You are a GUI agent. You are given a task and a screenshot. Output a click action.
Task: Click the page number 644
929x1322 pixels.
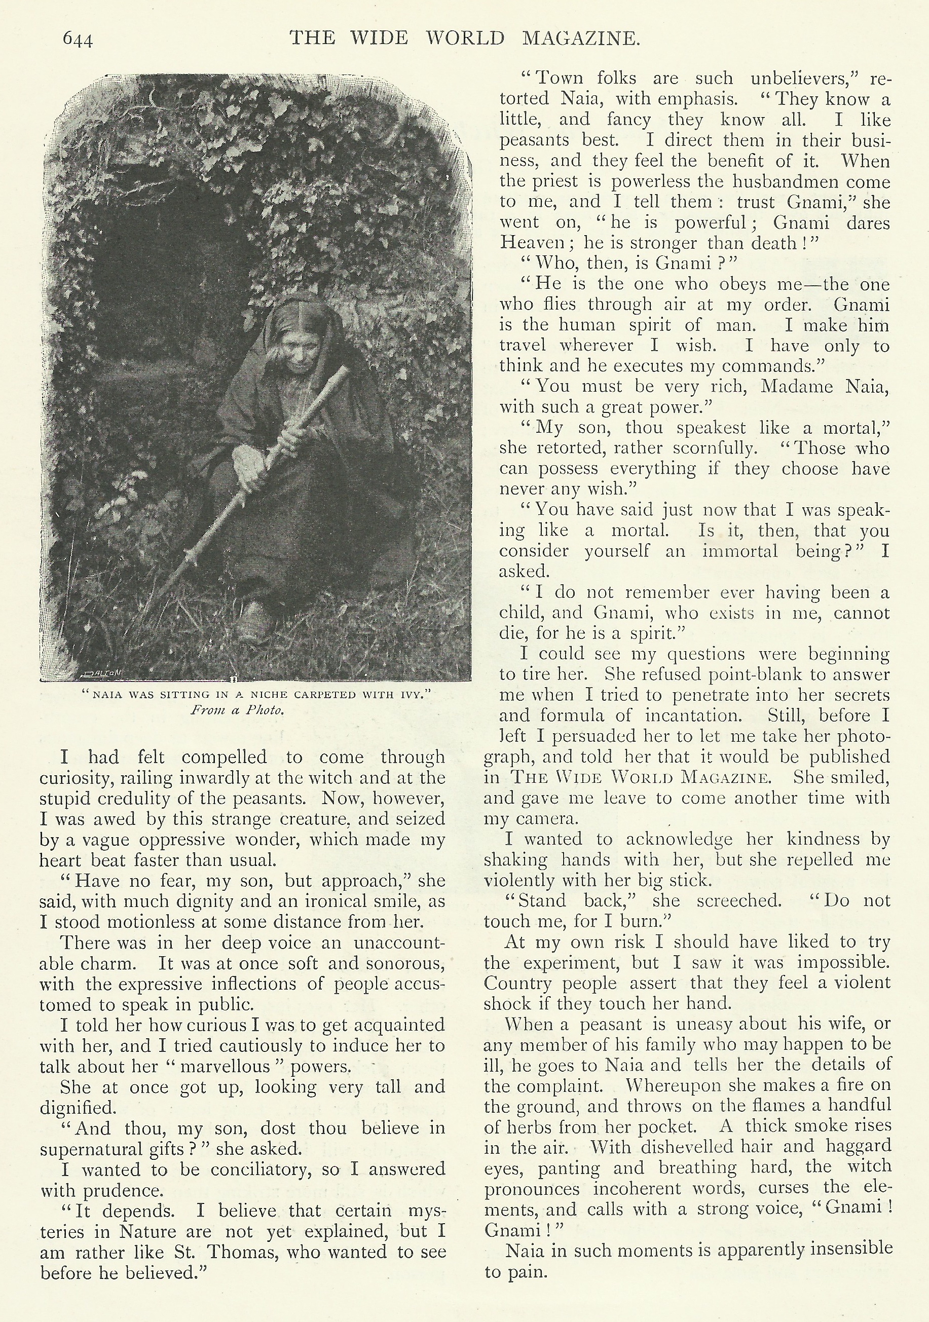pyautogui.click(x=77, y=40)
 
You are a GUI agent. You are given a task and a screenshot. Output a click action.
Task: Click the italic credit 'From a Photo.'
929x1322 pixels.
pyautogui.click(x=237, y=710)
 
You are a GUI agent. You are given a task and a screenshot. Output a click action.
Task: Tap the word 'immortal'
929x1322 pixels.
pyautogui.click(x=740, y=551)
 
